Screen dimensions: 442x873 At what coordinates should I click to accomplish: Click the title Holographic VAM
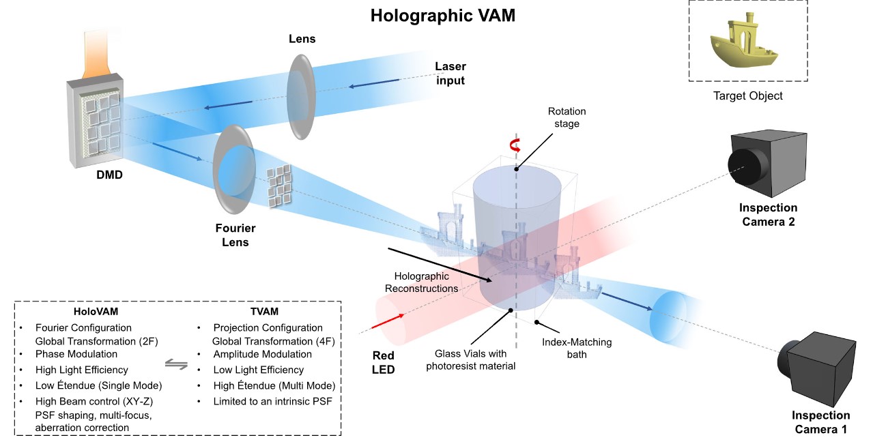(x=442, y=16)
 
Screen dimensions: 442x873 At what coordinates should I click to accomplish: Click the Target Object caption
(x=748, y=95)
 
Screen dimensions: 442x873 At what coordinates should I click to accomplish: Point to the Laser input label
(x=450, y=74)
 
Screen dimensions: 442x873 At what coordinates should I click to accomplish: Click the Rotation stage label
(x=567, y=117)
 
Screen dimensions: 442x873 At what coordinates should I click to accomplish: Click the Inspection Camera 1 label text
(x=820, y=422)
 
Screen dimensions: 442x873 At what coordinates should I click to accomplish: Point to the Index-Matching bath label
(x=577, y=348)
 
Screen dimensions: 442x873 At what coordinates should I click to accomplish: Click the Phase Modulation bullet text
(x=76, y=354)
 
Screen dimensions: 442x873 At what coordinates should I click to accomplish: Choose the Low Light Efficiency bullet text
(x=259, y=370)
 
